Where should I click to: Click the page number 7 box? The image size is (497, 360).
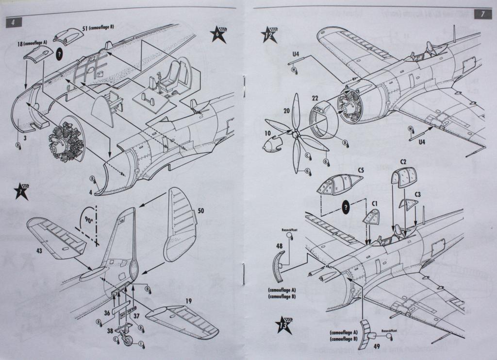[482, 14]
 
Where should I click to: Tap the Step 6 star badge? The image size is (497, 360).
[218, 35]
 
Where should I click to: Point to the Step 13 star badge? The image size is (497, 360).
[283, 325]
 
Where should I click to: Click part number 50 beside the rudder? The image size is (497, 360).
[201, 212]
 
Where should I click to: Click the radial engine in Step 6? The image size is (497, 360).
[63, 141]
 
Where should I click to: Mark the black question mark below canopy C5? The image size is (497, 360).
[346, 206]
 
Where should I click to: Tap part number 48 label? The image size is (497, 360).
[279, 246]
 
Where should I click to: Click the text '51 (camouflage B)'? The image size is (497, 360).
[99, 27]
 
